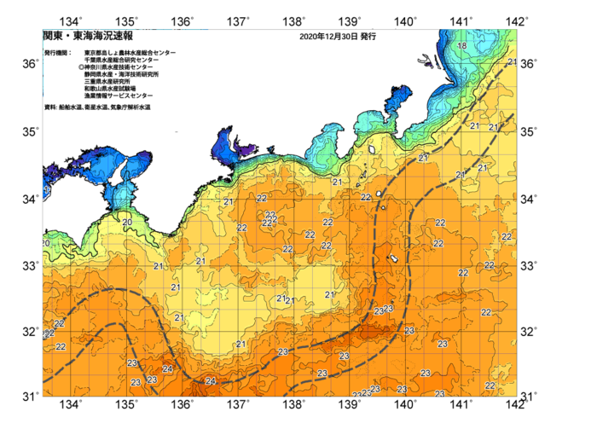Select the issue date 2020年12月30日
[327, 37]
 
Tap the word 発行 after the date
[368, 37]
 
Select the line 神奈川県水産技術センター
[124, 67]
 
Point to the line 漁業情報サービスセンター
[119, 96]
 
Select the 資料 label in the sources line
[50, 107]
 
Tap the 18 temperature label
[461, 46]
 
